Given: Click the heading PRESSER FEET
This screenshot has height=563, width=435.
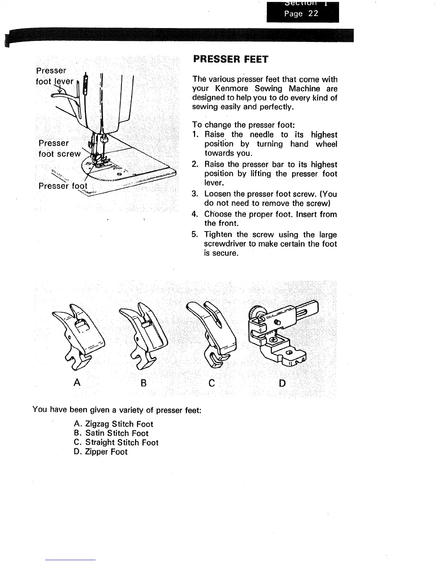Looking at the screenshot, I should tap(231, 59).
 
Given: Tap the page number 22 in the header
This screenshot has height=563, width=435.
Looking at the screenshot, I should tap(313, 14).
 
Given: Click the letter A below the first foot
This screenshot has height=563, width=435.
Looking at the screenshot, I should tap(76, 383).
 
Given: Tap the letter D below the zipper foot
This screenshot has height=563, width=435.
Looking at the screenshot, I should tap(282, 383).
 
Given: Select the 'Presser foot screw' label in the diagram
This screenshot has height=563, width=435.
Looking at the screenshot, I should tap(59, 149).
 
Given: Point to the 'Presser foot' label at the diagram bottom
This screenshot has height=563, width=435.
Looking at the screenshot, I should tap(62, 187).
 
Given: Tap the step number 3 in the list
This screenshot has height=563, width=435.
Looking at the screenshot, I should tap(194, 194).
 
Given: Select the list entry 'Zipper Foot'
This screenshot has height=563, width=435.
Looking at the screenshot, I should tap(106, 452).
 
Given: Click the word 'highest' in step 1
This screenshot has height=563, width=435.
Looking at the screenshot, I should tap(324, 135).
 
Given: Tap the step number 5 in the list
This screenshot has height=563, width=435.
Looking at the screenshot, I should tap(194, 235).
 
